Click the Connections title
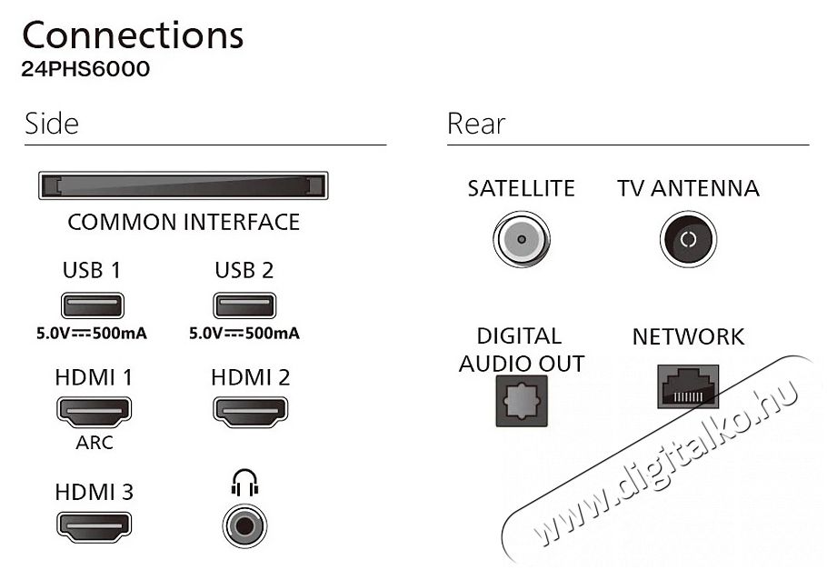(x=133, y=35)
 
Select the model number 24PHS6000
(x=85, y=69)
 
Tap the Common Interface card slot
(x=184, y=185)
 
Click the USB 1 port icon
(x=93, y=305)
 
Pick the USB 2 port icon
(x=244, y=305)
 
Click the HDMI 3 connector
(x=94, y=526)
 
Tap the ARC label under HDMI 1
(x=95, y=443)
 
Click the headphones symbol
(x=244, y=483)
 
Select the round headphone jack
(x=244, y=526)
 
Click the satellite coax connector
(x=522, y=239)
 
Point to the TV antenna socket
(x=688, y=239)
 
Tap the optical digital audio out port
(x=522, y=401)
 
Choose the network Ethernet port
(x=688, y=386)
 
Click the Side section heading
(x=52, y=124)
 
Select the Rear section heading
(x=476, y=124)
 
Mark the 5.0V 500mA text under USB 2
(x=244, y=334)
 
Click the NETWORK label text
(x=688, y=336)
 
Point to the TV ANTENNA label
(x=688, y=188)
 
